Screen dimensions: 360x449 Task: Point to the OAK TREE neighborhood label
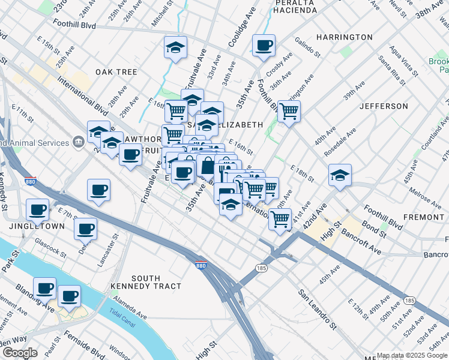click(x=116, y=72)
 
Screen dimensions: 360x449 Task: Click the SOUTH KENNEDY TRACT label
click(x=137, y=283)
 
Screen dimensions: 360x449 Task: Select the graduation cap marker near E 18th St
click(x=340, y=175)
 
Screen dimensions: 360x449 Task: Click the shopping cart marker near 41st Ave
click(x=280, y=219)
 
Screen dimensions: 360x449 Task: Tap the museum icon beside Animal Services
click(x=79, y=143)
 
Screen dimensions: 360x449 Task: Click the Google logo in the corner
click(x=20, y=353)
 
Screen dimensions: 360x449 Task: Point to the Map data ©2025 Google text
click(x=412, y=355)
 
